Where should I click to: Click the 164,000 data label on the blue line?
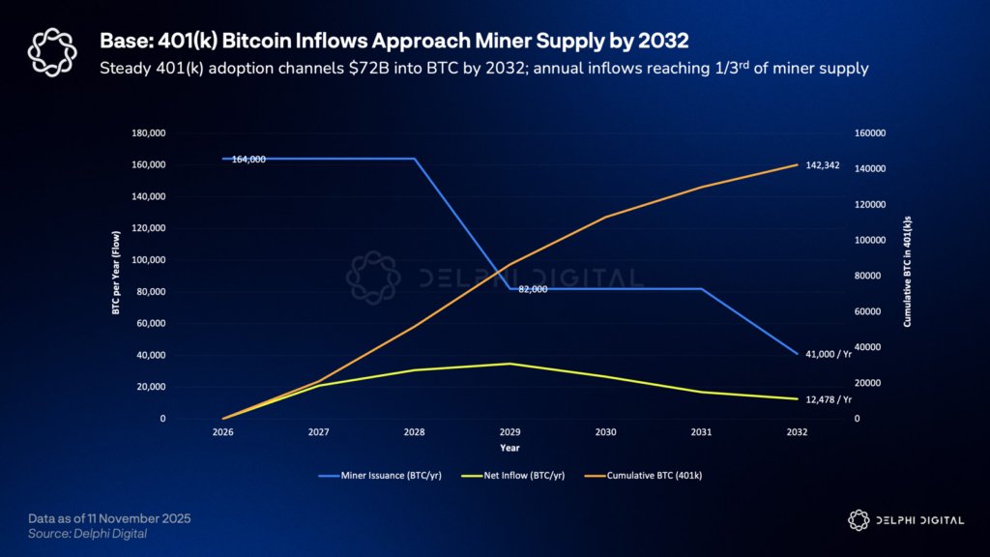tap(248, 160)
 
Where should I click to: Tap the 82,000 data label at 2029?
tap(533, 289)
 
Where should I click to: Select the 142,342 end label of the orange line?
tap(823, 165)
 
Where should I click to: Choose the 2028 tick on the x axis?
tap(414, 433)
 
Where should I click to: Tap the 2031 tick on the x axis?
tap(701, 433)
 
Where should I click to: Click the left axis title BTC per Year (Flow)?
tap(115, 276)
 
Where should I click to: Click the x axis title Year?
tap(510, 448)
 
